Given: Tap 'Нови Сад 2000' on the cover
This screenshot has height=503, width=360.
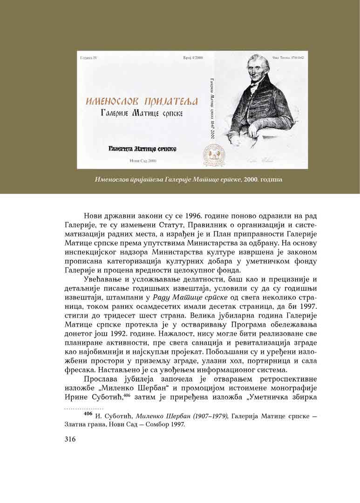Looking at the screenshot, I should pyautogui.click(x=143, y=160).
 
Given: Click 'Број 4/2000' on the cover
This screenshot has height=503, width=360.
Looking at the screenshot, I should pyautogui.click(x=188, y=59).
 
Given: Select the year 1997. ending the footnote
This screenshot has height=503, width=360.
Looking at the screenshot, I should pyautogui.click(x=176, y=424).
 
